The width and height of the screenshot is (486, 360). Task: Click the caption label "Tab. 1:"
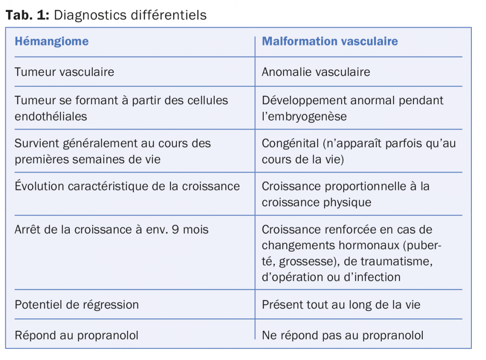pos(27,15)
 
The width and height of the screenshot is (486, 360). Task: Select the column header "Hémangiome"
pos(52,42)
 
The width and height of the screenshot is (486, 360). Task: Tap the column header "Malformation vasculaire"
pos(330,42)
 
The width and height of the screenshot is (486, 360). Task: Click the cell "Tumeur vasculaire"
pos(65,72)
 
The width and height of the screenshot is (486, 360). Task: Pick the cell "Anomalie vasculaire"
pos(316,72)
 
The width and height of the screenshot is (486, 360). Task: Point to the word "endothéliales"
pos(51,117)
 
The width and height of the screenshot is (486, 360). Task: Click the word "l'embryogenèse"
pos(304,117)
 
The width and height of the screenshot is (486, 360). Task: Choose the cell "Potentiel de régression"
pos(77,305)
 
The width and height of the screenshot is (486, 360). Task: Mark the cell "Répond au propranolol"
pos(76,335)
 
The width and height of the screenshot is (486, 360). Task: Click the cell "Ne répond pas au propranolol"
pos(342,335)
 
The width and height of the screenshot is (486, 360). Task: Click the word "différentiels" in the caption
pos(168,15)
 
